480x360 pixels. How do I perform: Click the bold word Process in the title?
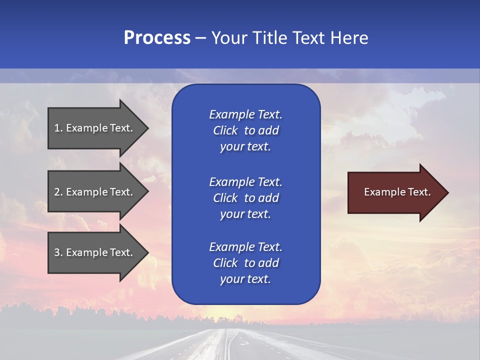[x=157, y=38]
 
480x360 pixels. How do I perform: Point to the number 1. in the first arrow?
[x=58, y=128]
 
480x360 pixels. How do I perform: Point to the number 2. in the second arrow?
[x=58, y=192]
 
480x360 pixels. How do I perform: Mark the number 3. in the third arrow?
[x=58, y=252]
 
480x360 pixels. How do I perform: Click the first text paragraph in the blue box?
[x=245, y=130]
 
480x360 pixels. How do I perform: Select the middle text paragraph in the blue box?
[x=245, y=198]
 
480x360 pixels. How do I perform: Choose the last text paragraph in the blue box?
[x=245, y=263]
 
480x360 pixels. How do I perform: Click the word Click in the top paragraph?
[x=225, y=130]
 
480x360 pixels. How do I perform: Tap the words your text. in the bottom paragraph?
[x=245, y=279]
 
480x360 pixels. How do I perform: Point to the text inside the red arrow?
[x=397, y=192]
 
